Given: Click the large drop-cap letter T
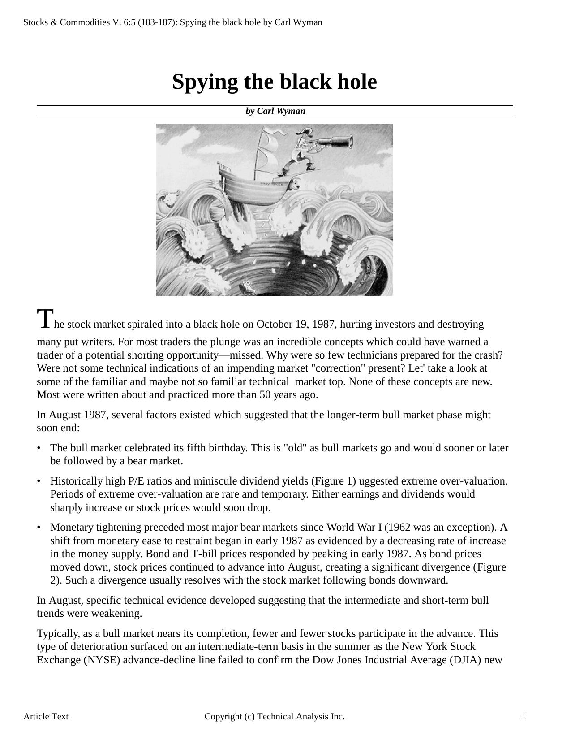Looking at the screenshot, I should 45,319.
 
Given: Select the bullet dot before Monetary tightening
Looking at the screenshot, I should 39,528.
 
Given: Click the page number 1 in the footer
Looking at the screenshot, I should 524,717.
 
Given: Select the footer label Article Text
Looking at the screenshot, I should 46,717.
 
